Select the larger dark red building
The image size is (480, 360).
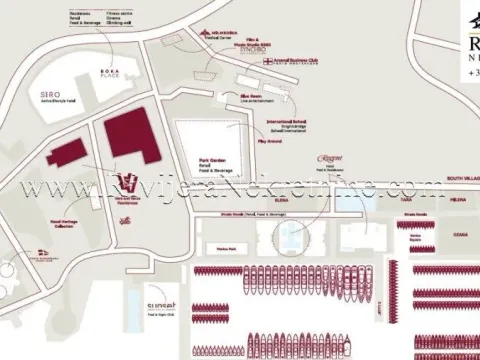pos(132,134)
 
